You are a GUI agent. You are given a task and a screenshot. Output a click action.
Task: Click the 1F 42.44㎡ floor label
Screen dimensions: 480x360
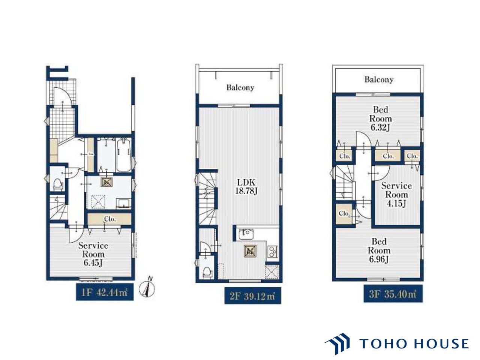point(105,292)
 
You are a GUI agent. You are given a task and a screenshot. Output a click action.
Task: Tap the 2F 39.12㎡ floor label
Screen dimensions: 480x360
point(253,295)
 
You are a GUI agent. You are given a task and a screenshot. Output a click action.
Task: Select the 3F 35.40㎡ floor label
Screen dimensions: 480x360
point(393,294)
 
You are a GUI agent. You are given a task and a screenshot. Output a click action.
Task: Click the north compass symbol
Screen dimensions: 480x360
point(147,288)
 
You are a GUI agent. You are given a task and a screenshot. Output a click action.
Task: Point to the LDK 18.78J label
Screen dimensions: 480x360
point(246,187)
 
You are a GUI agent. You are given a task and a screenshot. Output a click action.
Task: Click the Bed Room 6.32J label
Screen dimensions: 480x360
point(380,118)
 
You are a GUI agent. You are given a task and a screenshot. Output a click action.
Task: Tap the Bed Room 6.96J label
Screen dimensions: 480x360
point(379,250)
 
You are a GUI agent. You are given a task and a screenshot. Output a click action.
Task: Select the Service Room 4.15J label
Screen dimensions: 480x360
point(396,195)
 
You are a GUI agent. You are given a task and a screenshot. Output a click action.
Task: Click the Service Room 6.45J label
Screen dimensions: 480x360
point(93,254)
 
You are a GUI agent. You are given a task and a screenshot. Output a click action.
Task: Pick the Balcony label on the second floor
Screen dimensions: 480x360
point(240,88)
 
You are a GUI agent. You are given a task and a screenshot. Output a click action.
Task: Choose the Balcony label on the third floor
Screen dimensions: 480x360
point(379,79)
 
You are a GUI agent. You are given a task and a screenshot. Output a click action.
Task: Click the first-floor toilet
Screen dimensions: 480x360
point(58,185)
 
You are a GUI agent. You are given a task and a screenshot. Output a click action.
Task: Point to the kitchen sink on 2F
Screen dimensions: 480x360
point(246,234)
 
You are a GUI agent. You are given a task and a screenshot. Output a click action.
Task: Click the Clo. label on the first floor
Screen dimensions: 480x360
point(110,219)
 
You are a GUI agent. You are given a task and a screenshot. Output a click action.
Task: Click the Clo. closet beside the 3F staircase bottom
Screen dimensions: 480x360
point(343,213)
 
